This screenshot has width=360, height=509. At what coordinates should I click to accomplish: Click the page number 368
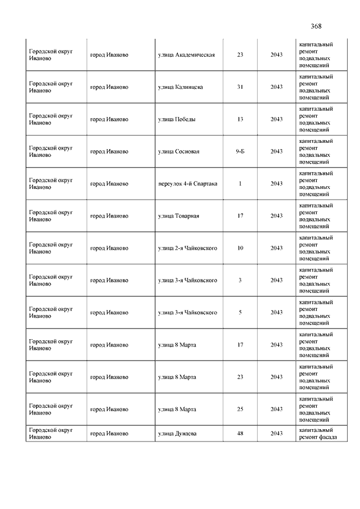coord(316,26)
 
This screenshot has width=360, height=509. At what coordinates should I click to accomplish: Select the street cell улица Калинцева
coord(181,87)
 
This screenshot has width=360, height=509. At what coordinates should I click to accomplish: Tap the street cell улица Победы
coord(177,119)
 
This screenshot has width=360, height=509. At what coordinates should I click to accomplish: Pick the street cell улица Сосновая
coord(179,151)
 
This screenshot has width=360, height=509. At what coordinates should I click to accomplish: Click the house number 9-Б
coord(240,151)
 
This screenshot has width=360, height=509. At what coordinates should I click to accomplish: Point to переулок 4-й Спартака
coord(188,183)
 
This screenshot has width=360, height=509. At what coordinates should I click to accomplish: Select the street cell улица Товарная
coord(179,216)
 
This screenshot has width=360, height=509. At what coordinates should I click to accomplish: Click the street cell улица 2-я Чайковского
coord(188,248)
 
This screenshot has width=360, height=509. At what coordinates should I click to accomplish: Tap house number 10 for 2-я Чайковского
coord(240,248)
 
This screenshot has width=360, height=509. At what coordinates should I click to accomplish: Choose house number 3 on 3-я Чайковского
coord(240,280)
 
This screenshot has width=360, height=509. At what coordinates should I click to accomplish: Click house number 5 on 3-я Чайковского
coord(240,312)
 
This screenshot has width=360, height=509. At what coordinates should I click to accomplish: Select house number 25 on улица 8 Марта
coord(240,409)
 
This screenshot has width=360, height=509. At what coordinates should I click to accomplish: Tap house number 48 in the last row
coord(240,434)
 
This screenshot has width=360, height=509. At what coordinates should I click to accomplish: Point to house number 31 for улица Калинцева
coord(240,87)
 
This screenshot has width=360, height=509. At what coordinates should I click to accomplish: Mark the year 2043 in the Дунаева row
coord(276,434)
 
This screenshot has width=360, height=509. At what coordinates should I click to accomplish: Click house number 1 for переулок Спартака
coord(240,183)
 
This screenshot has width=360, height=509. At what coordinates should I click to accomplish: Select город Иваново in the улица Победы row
coord(109,119)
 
